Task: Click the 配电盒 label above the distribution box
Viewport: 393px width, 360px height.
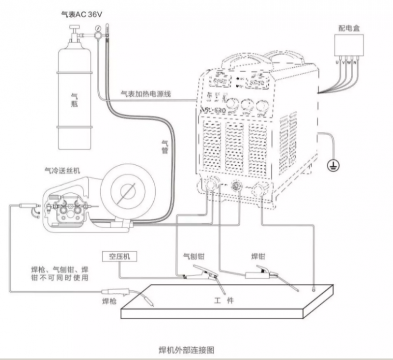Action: click(x=349, y=28)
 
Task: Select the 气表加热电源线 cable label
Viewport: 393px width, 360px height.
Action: click(x=146, y=93)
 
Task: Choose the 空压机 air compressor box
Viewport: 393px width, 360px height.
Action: click(x=119, y=256)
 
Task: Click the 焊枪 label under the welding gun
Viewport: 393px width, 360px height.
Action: click(x=109, y=300)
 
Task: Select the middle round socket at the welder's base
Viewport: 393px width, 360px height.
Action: click(x=235, y=185)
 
